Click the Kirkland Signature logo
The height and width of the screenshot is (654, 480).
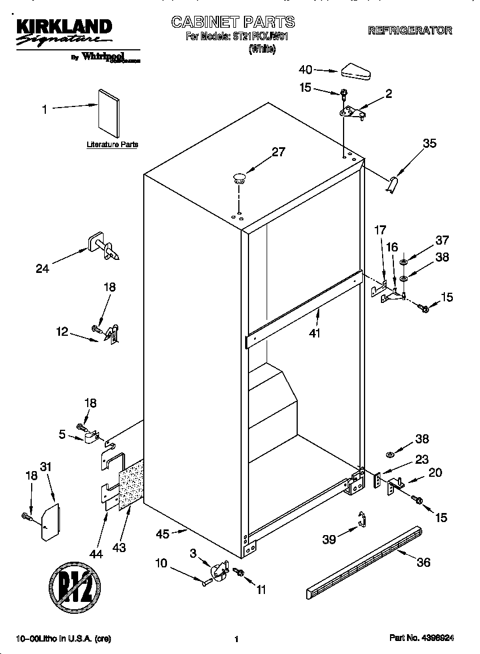tap(62, 32)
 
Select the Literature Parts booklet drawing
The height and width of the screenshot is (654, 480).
tap(108, 113)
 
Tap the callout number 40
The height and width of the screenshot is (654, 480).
tap(305, 70)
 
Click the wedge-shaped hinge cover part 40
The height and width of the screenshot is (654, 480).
tap(355, 71)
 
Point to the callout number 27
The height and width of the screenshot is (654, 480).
tap(278, 152)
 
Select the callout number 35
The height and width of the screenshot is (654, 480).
tap(430, 143)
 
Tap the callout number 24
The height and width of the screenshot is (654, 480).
tap(42, 269)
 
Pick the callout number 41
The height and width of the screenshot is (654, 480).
tap(315, 334)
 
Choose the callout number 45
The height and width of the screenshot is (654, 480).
tap(163, 533)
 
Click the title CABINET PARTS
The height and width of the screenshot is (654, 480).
tap(233, 22)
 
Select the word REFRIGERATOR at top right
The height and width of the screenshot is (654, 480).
tap(410, 31)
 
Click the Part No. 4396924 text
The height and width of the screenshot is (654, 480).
tap(422, 638)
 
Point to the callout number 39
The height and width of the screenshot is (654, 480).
tap(329, 539)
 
